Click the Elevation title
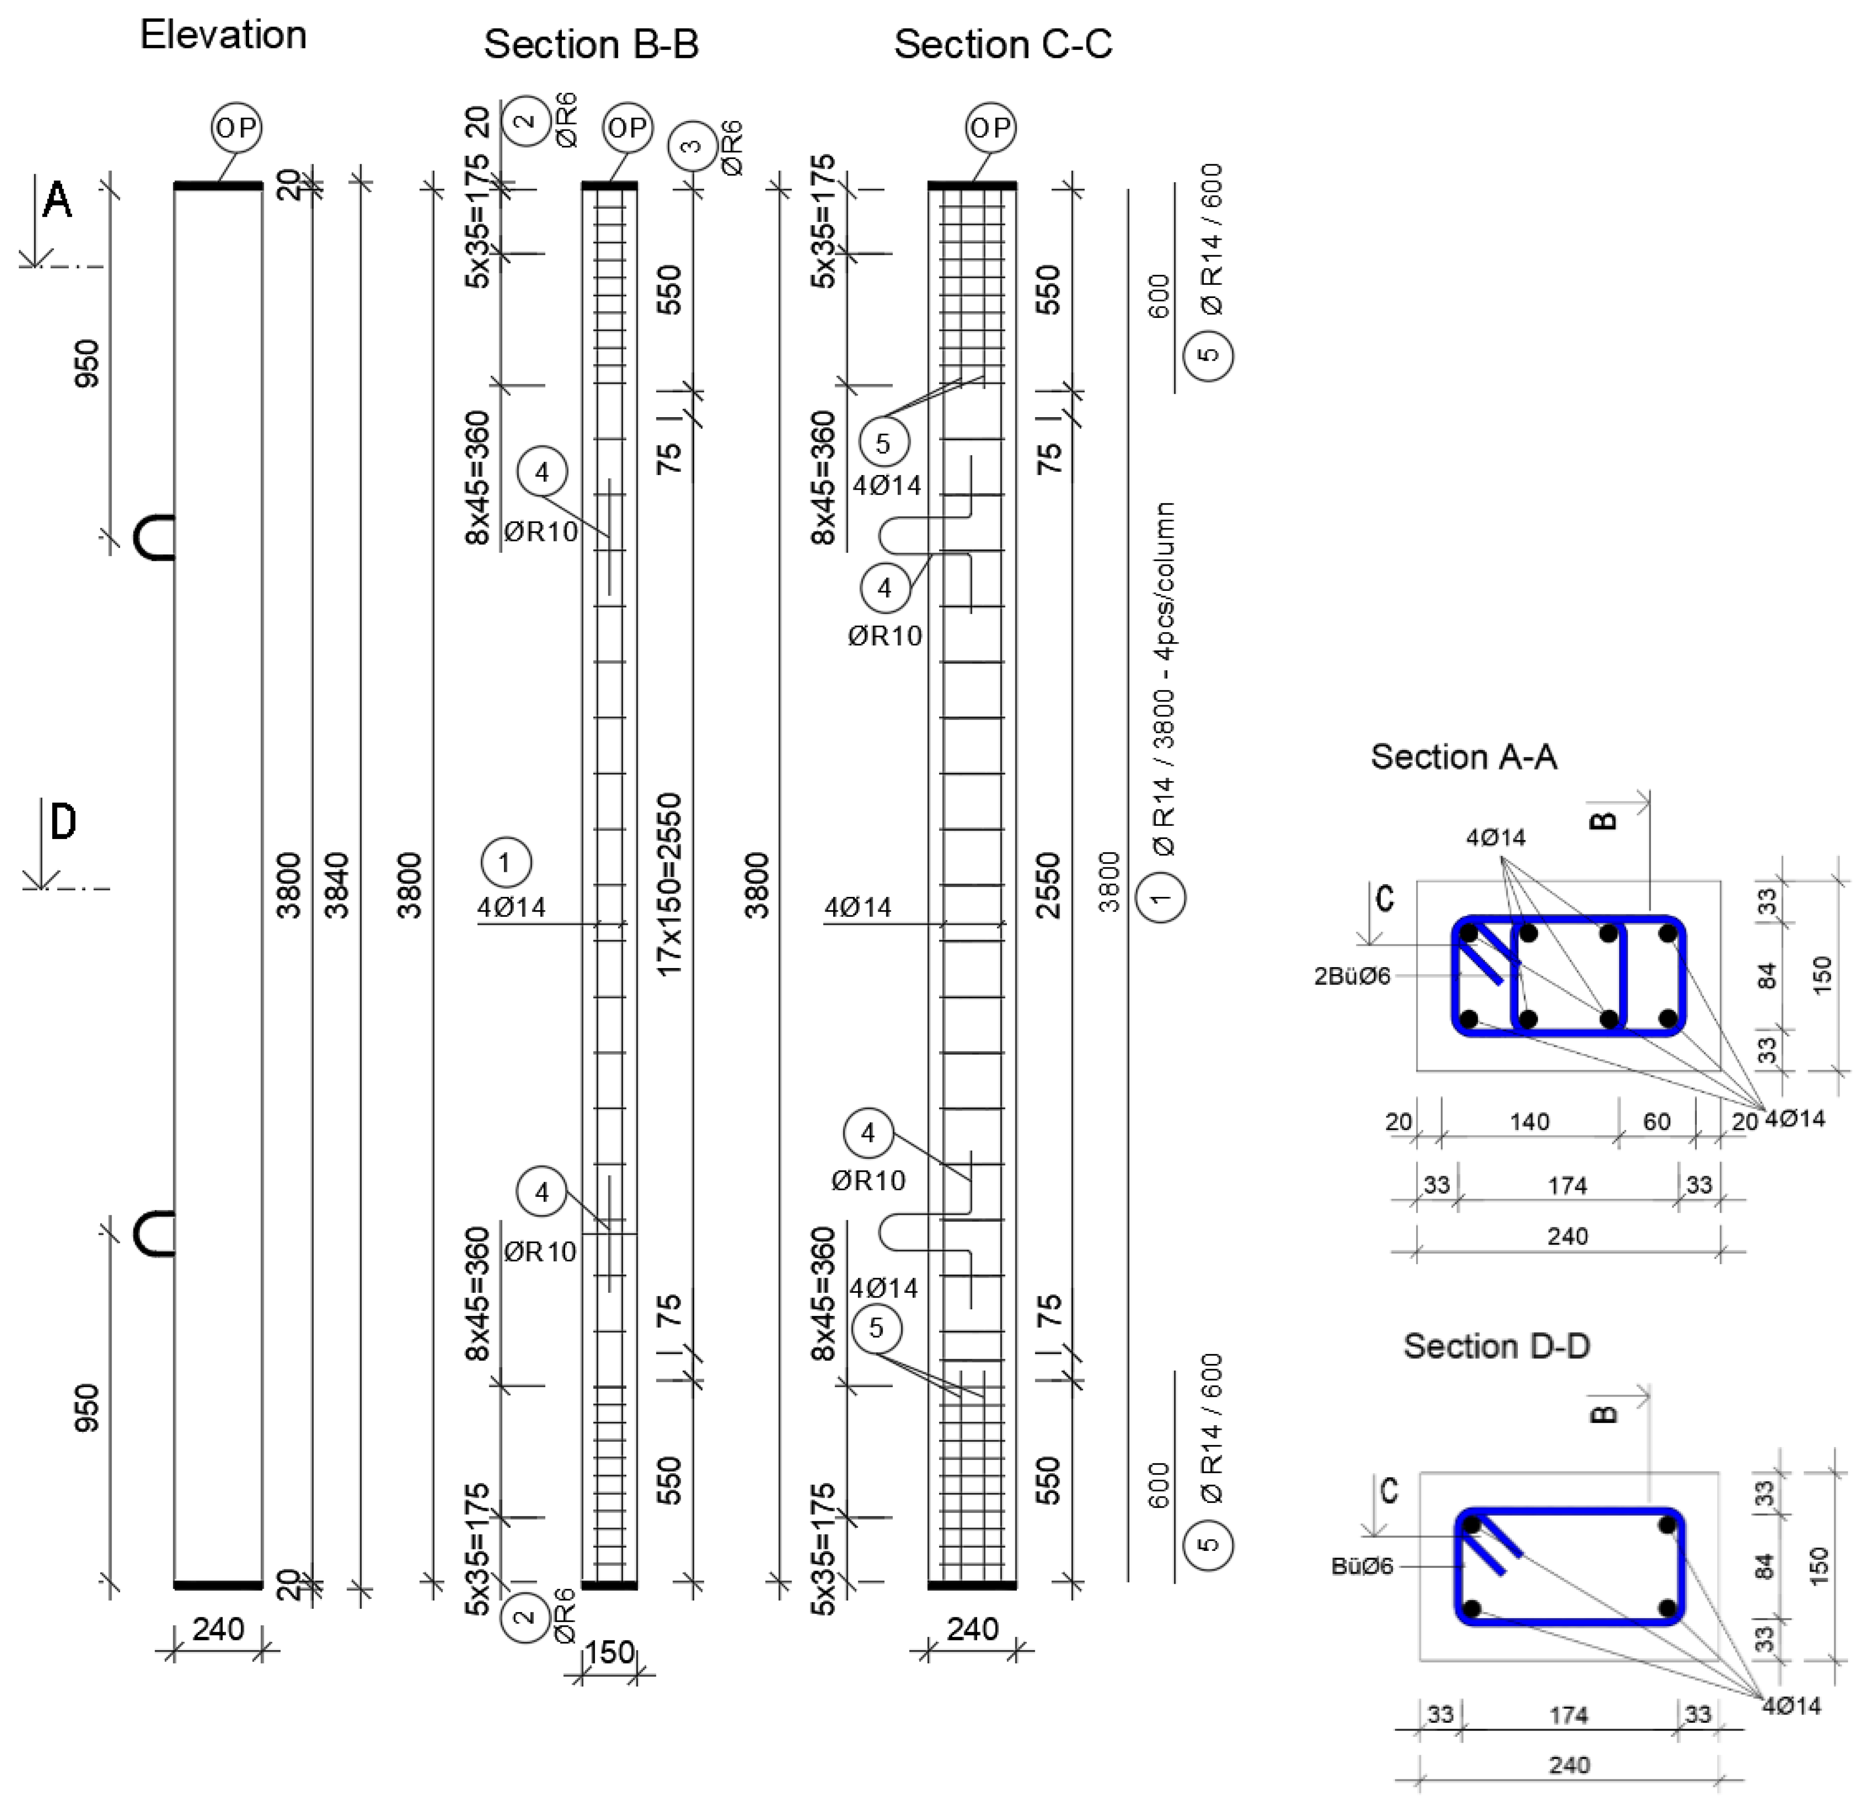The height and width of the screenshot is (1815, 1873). tap(223, 35)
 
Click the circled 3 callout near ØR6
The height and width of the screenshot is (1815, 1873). tap(693, 146)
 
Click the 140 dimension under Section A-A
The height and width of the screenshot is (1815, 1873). tap(1529, 1121)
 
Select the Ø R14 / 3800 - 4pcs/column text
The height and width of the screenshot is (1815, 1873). tap(1163, 678)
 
